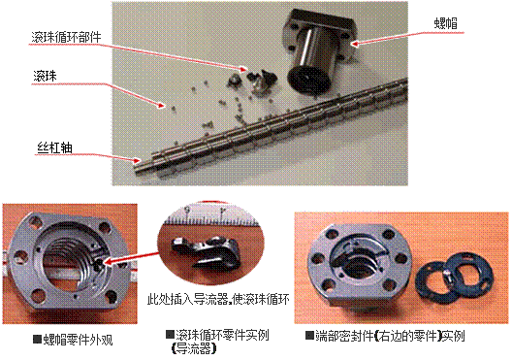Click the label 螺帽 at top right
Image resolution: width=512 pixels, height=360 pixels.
445,24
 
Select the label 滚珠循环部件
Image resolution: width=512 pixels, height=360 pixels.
66,37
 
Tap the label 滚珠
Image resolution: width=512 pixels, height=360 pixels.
45,76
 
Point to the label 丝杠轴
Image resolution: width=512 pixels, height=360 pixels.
54,147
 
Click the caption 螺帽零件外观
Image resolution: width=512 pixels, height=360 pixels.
78,340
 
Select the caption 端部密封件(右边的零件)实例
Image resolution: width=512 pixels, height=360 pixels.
390,336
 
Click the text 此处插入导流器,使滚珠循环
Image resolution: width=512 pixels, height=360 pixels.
218,299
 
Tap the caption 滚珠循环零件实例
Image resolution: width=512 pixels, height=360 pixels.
222,335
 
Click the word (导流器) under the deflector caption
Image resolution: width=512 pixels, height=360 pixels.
194,349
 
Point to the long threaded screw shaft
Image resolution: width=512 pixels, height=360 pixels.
271,127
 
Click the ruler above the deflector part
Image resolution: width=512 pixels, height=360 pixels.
210,217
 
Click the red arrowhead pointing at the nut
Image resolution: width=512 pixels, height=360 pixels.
355,44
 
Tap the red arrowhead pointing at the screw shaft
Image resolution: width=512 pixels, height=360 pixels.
137,160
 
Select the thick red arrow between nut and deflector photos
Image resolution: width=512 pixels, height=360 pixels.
131,258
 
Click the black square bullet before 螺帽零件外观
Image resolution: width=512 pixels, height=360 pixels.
37,339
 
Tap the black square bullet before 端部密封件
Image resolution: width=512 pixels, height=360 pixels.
309,335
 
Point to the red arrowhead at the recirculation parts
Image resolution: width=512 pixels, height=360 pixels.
243,69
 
